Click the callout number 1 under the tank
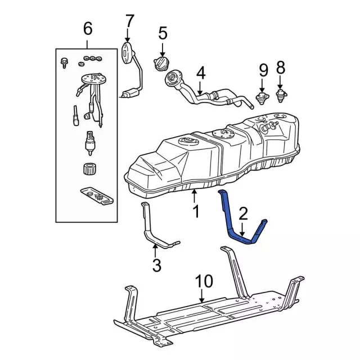pos(195,213)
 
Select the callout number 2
pos(242,213)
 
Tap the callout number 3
pos(157,264)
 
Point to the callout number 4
pos(201,73)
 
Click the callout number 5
pos(163,33)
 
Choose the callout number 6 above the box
pos(87,28)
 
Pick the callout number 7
pos(130,21)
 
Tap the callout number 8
pos(281,68)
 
